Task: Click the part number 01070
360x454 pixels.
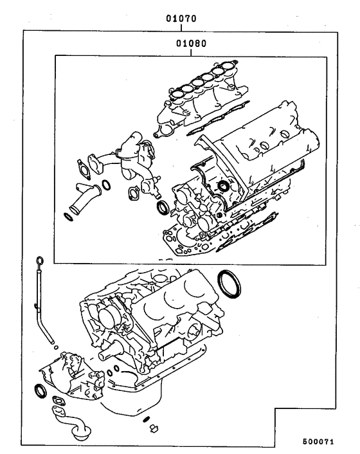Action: click(x=181, y=19)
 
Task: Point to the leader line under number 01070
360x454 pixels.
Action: click(x=181, y=27)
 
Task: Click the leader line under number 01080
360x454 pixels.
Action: click(x=189, y=53)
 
